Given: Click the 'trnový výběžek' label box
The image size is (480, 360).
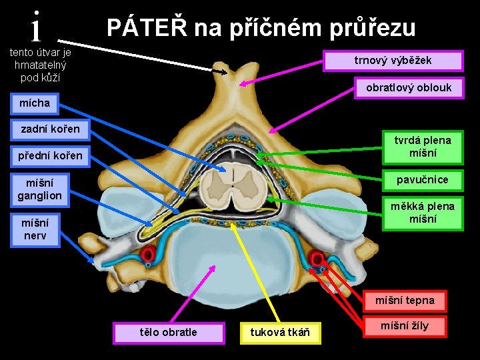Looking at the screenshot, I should click(393, 61).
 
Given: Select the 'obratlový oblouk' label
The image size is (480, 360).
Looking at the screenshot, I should click(408, 87).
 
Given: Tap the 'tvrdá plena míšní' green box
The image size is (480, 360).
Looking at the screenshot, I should click(422, 147).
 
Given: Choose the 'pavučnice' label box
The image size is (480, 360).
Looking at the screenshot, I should click(422, 180).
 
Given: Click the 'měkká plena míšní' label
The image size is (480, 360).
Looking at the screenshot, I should click(422, 213).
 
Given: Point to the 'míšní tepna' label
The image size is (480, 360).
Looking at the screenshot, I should click(404, 301).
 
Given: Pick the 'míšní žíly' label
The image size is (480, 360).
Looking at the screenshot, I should click(404, 326).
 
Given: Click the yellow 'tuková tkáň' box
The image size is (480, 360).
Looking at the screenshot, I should click(280, 332).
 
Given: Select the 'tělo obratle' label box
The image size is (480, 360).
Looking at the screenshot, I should click(168, 332).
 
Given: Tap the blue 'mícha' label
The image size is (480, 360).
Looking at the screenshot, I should click(34, 103).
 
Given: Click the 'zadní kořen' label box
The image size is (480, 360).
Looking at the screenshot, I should click(49, 129).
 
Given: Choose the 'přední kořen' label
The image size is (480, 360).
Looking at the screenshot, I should click(49, 155).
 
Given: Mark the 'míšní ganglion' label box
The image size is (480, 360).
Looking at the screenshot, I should click(39, 189).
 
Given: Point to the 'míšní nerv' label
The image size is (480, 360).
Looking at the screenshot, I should click(34, 229).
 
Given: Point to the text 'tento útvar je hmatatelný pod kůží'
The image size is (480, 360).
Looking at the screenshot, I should click(40, 65).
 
